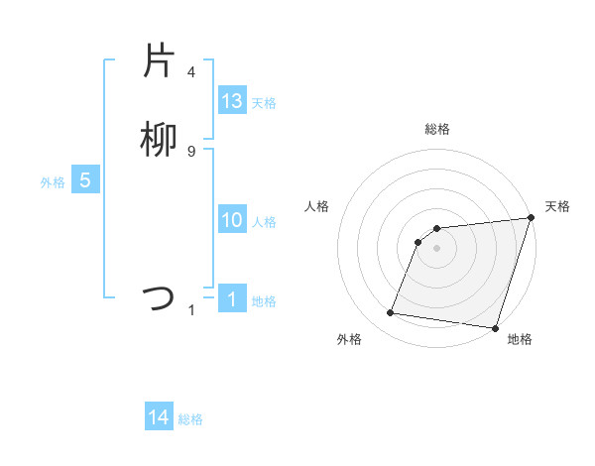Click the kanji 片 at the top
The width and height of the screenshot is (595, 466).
point(159,60)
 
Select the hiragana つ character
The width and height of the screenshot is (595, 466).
point(159,297)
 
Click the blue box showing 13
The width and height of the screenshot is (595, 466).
point(232,101)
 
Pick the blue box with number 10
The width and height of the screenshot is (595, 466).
point(232,220)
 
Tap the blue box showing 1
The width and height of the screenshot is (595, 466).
point(232,299)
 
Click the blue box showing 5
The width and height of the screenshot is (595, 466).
point(85,180)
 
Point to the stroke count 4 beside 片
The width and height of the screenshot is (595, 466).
point(191,71)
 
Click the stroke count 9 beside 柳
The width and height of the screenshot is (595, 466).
point(191,151)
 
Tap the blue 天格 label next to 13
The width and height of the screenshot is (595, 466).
point(264,103)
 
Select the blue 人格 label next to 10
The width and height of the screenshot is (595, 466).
point(264,222)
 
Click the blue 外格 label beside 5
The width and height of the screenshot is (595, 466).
point(53,182)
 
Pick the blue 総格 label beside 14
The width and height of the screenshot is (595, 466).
point(190,419)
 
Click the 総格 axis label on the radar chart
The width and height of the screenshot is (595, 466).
point(437,129)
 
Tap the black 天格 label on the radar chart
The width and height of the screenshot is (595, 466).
point(557,206)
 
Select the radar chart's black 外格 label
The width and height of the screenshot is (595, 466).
point(349,339)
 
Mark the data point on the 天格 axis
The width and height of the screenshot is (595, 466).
point(531,218)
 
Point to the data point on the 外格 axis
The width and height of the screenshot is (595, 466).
point(391,313)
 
